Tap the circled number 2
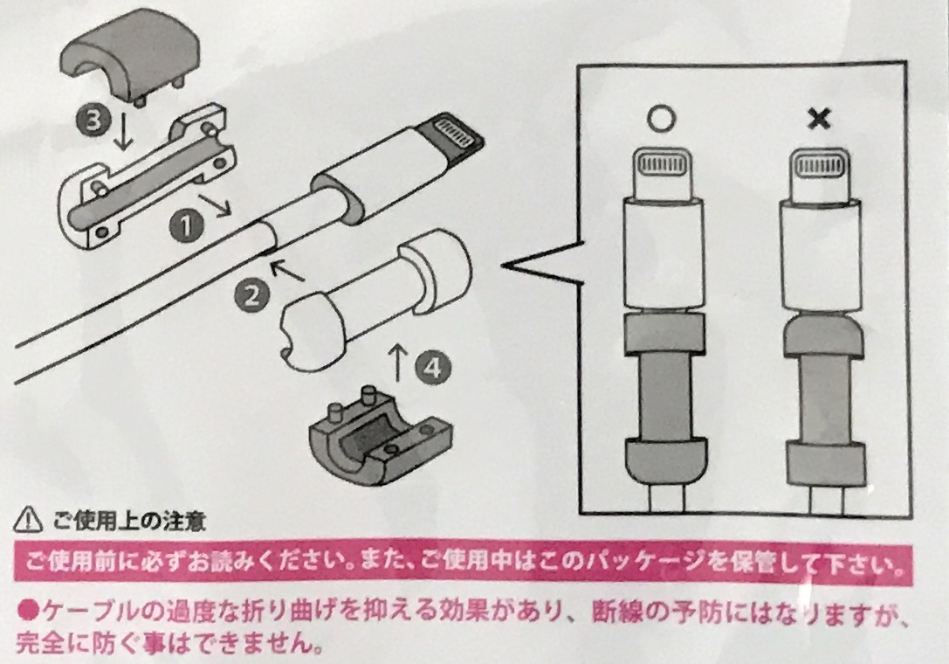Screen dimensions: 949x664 pyautogui.click(x=252, y=294)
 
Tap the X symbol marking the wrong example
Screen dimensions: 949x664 pyautogui.click(x=819, y=120)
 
